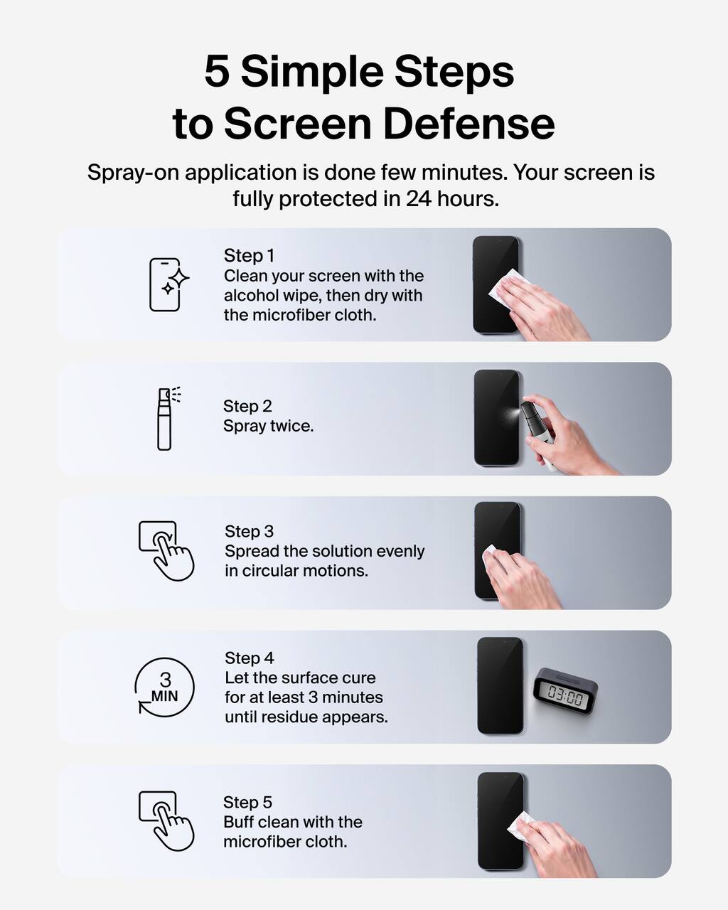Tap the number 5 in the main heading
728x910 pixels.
tap(217, 72)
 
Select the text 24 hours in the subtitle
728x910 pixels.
tap(452, 199)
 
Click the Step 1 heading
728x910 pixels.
tap(249, 255)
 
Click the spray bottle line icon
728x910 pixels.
tap(166, 419)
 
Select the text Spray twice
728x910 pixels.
tap(268, 426)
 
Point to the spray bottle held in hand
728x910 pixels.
tap(536, 427)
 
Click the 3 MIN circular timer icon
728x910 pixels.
tap(165, 687)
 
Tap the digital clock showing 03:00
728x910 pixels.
tap(566, 691)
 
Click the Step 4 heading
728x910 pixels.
tap(249, 658)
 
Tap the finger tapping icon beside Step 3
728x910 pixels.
tap(166, 550)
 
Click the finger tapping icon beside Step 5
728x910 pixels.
tap(166, 820)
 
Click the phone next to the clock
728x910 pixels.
tap(500, 686)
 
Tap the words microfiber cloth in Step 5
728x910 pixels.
tap(285, 842)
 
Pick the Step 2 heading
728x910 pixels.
tap(247, 406)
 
